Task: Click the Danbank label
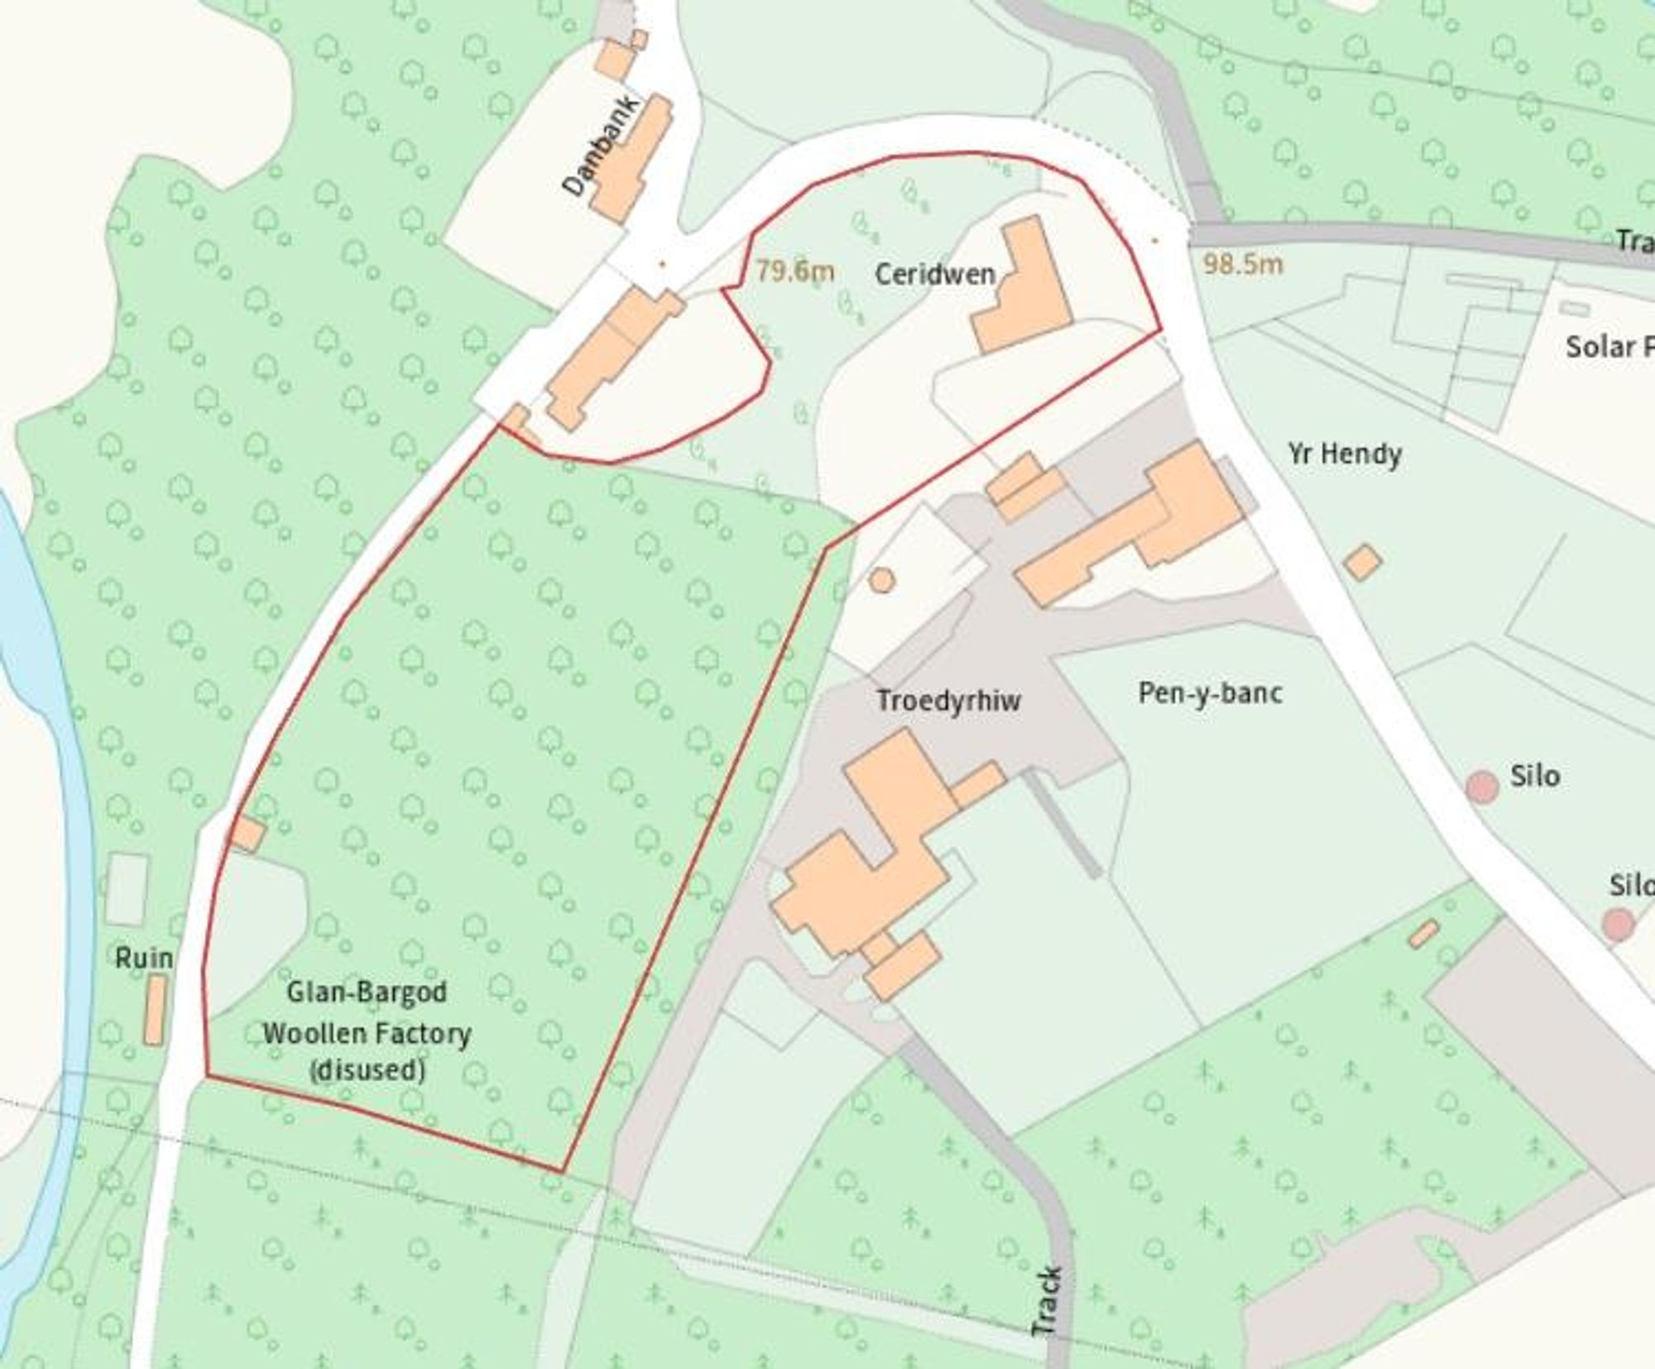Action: [x=601, y=146]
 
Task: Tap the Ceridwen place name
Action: [x=934, y=274]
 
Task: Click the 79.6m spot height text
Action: [x=794, y=271]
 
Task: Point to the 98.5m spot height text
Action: [x=1242, y=264]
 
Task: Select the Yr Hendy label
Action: [x=1344, y=454]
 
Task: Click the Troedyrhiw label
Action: [x=948, y=701]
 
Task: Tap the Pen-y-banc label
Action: [x=1210, y=693]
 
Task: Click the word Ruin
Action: [x=144, y=958]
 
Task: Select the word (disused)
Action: [x=367, y=1070]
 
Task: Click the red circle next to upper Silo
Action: [x=1482, y=785]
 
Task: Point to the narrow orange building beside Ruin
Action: [x=154, y=1009]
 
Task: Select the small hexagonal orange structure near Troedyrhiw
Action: [x=881, y=579]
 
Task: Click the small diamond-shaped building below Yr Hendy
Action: [x=1362, y=562]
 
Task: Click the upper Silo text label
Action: [x=1535, y=776]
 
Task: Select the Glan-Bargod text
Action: [x=367, y=992]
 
